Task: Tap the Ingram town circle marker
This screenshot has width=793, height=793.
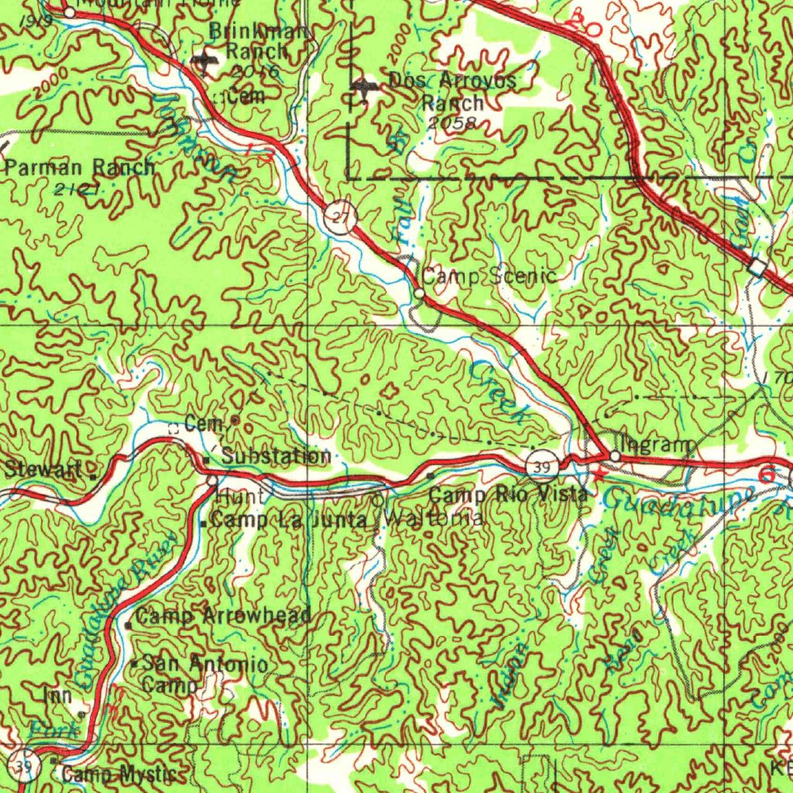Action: pyautogui.click(x=615, y=457)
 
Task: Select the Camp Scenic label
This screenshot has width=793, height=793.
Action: pyautogui.click(x=489, y=276)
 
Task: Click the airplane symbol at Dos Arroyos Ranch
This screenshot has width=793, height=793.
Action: pyautogui.click(x=362, y=89)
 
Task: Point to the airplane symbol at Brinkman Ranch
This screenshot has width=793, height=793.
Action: pyautogui.click(x=204, y=61)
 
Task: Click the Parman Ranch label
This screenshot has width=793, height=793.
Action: pyautogui.click(x=80, y=167)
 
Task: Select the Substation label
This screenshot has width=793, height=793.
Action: pyautogui.click(x=276, y=456)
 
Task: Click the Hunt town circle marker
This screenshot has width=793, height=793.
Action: pyautogui.click(x=213, y=481)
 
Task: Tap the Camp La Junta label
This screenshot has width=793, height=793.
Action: pyautogui.click(x=288, y=521)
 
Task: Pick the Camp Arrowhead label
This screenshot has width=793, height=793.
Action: pyautogui.click(x=224, y=616)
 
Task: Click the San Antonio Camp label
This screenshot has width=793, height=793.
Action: pyautogui.click(x=205, y=674)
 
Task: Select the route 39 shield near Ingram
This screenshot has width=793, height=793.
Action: pyautogui.click(x=541, y=465)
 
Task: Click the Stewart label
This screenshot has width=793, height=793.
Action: pyautogui.click(x=44, y=469)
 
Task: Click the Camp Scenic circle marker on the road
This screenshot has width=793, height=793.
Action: pyautogui.click(x=418, y=294)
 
